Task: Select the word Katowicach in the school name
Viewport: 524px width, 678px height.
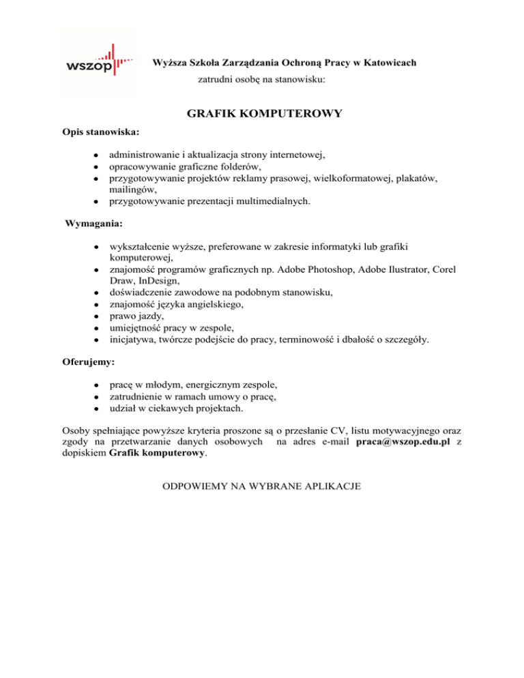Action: [x=383, y=63]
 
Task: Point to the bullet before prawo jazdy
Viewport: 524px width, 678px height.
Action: [x=98, y=317]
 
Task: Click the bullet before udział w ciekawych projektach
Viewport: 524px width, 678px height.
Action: [x=98, y=409]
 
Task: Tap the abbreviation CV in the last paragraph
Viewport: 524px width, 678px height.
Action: [x=341, y=431]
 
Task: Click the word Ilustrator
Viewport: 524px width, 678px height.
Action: [x=405, y=269]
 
